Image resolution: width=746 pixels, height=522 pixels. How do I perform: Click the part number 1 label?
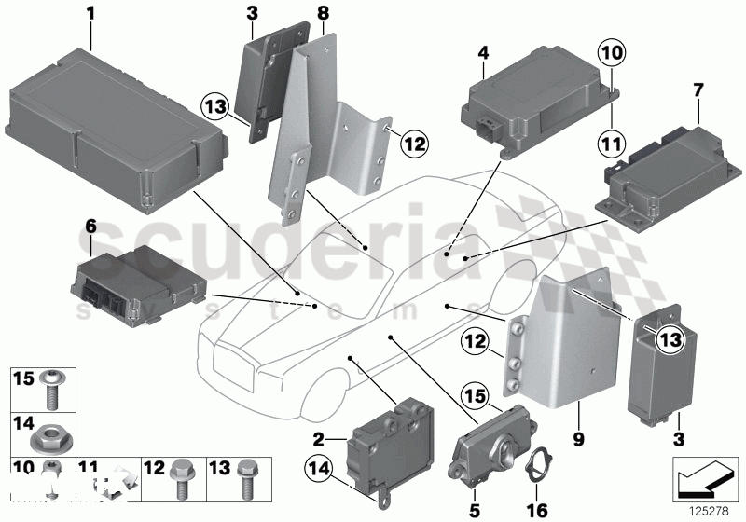(x=90, y=13)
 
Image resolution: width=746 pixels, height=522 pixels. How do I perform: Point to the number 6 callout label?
(x=90, y=225)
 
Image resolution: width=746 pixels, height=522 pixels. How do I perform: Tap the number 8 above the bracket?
(x=323, y=13)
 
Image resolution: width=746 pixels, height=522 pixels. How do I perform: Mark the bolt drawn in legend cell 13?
(x=247, y=481)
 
